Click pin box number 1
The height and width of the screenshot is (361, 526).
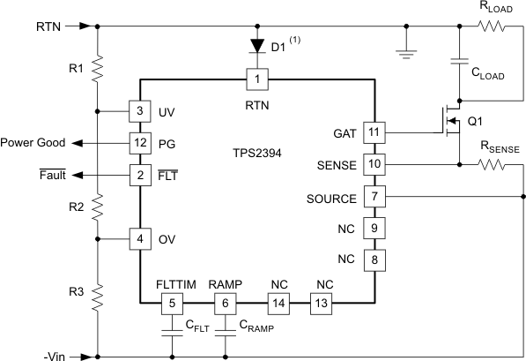(256, 80)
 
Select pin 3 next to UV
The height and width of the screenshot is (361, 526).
(140, 111)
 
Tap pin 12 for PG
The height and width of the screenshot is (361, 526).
(140, 142)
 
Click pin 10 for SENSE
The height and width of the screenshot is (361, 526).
(375, 164)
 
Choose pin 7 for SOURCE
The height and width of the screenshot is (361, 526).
(375, 197)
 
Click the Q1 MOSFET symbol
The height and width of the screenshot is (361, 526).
(450, 122)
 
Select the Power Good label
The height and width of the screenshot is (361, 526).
(32, 142)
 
